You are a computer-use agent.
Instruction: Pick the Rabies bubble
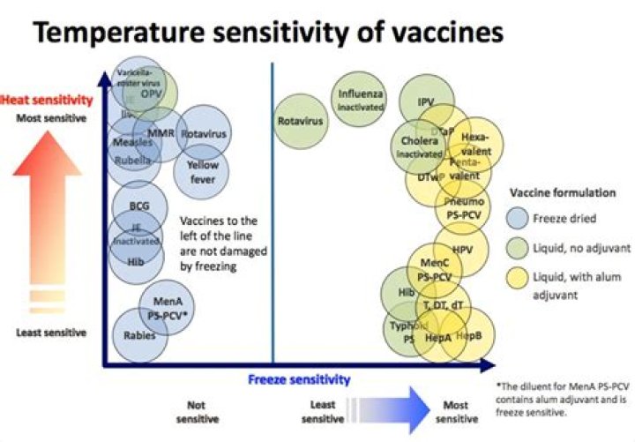coord(139,334)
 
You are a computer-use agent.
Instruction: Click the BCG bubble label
coord(138,206)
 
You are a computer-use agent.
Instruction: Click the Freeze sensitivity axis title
coord(299,379)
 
